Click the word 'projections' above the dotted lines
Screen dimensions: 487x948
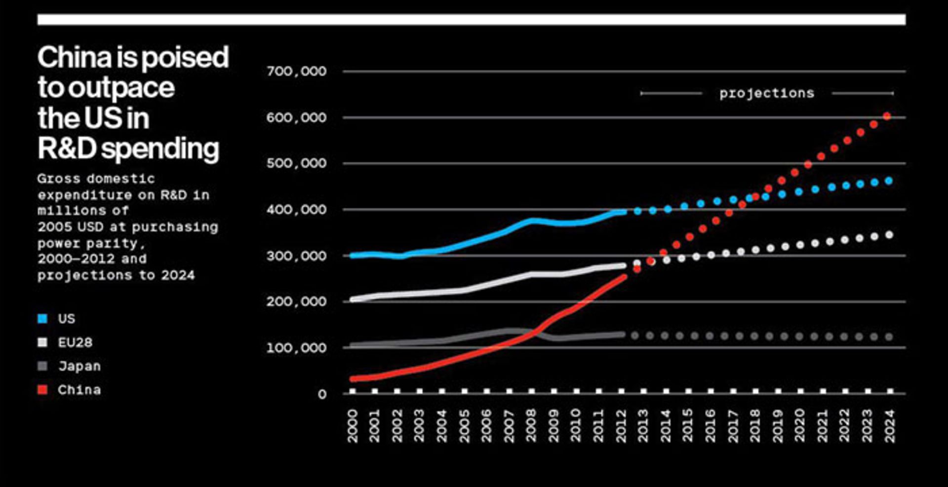(x=766, y=93)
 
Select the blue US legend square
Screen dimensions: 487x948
(x=43, y=319)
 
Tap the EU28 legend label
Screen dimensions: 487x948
(x=75, y=342)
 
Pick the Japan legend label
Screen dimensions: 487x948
(x=79, y=366)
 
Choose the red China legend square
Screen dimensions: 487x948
(x=43, y=390)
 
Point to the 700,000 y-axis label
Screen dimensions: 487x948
(x=296, y=72)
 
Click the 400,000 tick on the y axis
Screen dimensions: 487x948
(x=296, y=210)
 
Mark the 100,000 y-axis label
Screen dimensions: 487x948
(x=296, y=348)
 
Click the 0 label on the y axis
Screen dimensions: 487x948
(x=322, y=394)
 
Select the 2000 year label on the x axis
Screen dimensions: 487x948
(x=353, y=425)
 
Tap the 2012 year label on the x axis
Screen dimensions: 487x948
(x=621, y=425)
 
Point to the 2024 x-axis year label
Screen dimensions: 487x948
(x=890, y=425)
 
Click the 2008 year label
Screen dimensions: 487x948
(x=531, y=425)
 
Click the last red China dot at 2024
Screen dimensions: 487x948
(x=887, y=116)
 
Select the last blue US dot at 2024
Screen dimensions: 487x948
(x=889, y=181)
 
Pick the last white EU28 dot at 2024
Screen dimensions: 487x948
(x=889, y=235)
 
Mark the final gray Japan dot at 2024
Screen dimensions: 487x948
(x=889, y=337)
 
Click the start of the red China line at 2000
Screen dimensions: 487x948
(x=353, y=379)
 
